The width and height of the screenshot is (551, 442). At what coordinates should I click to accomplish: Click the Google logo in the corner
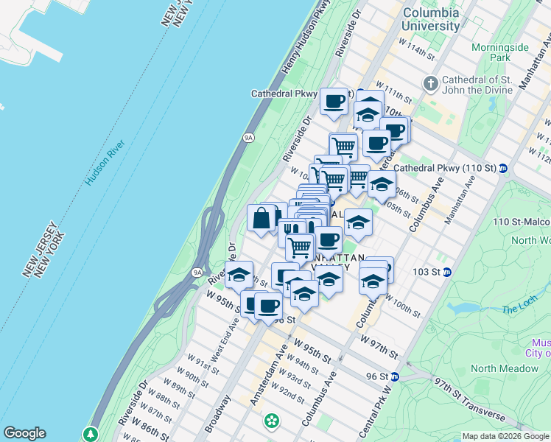point(24,433)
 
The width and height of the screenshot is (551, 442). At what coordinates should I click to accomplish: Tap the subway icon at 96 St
point(395,376)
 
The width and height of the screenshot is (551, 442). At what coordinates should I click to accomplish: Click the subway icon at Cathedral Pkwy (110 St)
point(502,168)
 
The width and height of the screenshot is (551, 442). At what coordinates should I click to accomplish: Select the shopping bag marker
point(262,218)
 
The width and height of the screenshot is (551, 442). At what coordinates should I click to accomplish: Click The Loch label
point(519,309)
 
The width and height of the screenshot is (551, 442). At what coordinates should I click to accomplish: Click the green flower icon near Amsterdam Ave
point(272,421)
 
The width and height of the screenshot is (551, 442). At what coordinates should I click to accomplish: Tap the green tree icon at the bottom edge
point(91,434)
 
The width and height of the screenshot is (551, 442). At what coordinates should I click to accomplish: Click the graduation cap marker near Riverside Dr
point(239,276)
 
